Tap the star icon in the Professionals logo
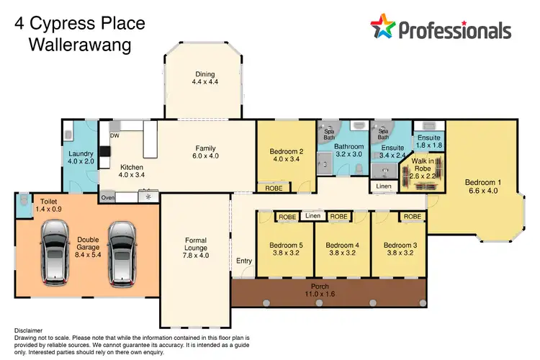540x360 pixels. [x=383, y=27]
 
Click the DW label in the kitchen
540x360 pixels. [x=114, y=135]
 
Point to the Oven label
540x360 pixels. [x=108, y=197]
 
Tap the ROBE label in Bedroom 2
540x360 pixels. [x=274, y=188]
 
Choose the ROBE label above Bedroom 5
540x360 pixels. [x=287, y=215]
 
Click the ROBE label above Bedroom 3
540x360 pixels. [x=412, y=215]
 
